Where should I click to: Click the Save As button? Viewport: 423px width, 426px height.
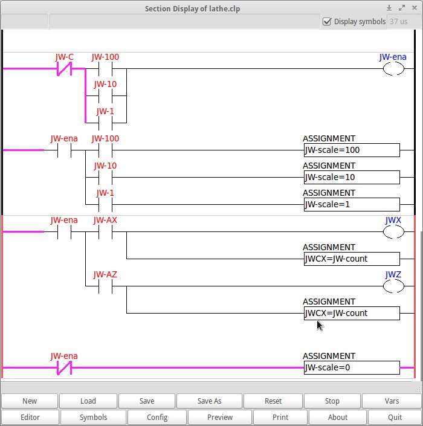pyautogui.click(x=209, y=401)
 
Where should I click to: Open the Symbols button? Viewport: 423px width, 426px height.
pyautogui.click(x=93, y=417)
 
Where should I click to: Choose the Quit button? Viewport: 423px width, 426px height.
pyautogui.click(x=395, y=417)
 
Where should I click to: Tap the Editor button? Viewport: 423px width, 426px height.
pyautogui.click(x=30, y=417)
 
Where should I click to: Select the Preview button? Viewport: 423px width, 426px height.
pyautogui.click(x=220, y=417)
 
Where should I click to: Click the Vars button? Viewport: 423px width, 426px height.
pyautogui.click(x=392, y=401)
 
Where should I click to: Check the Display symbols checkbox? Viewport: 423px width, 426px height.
pyautogui.click(x=328, y=21)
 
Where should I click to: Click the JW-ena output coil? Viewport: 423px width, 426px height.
pyautogui.click(x=393, y=69)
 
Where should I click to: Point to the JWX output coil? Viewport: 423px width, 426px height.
pyautogui.click(x=393, y=232)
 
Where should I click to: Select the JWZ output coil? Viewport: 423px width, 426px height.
pyautogui.click(x=393, y=286)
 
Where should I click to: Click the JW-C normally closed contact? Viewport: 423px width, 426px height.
pyautogui.click(x=64, y=69)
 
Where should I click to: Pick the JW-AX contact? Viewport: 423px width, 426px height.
pyautogui.click(x=105, y=232)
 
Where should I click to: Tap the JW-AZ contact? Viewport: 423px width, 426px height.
pyautogui.click(x=105, y=286)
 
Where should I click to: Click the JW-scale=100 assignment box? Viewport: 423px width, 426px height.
pyautogui.click(x=351, y=150)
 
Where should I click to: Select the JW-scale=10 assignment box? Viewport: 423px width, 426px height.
pyautogui.click(x=351, y=177)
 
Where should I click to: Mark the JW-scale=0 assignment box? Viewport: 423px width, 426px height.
pyautogui.click(x=351, y=367)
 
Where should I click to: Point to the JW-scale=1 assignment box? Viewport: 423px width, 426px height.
pyautogui.click(x=351, y=204)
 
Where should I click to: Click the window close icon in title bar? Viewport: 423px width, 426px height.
pyautogui.click(x=414, y=8)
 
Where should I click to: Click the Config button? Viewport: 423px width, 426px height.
pyautogui.click(x=157, y=417)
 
